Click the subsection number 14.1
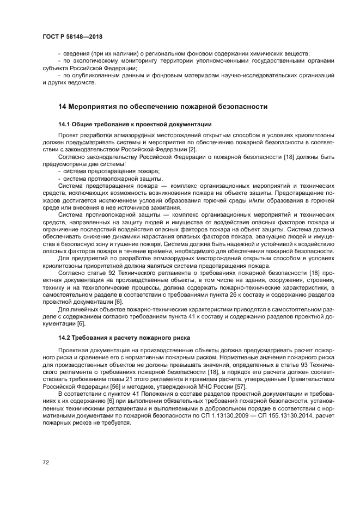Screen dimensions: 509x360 (65, 124)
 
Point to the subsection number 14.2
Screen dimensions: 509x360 (65, 338)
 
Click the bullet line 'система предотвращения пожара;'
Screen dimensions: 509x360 (108, 171)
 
